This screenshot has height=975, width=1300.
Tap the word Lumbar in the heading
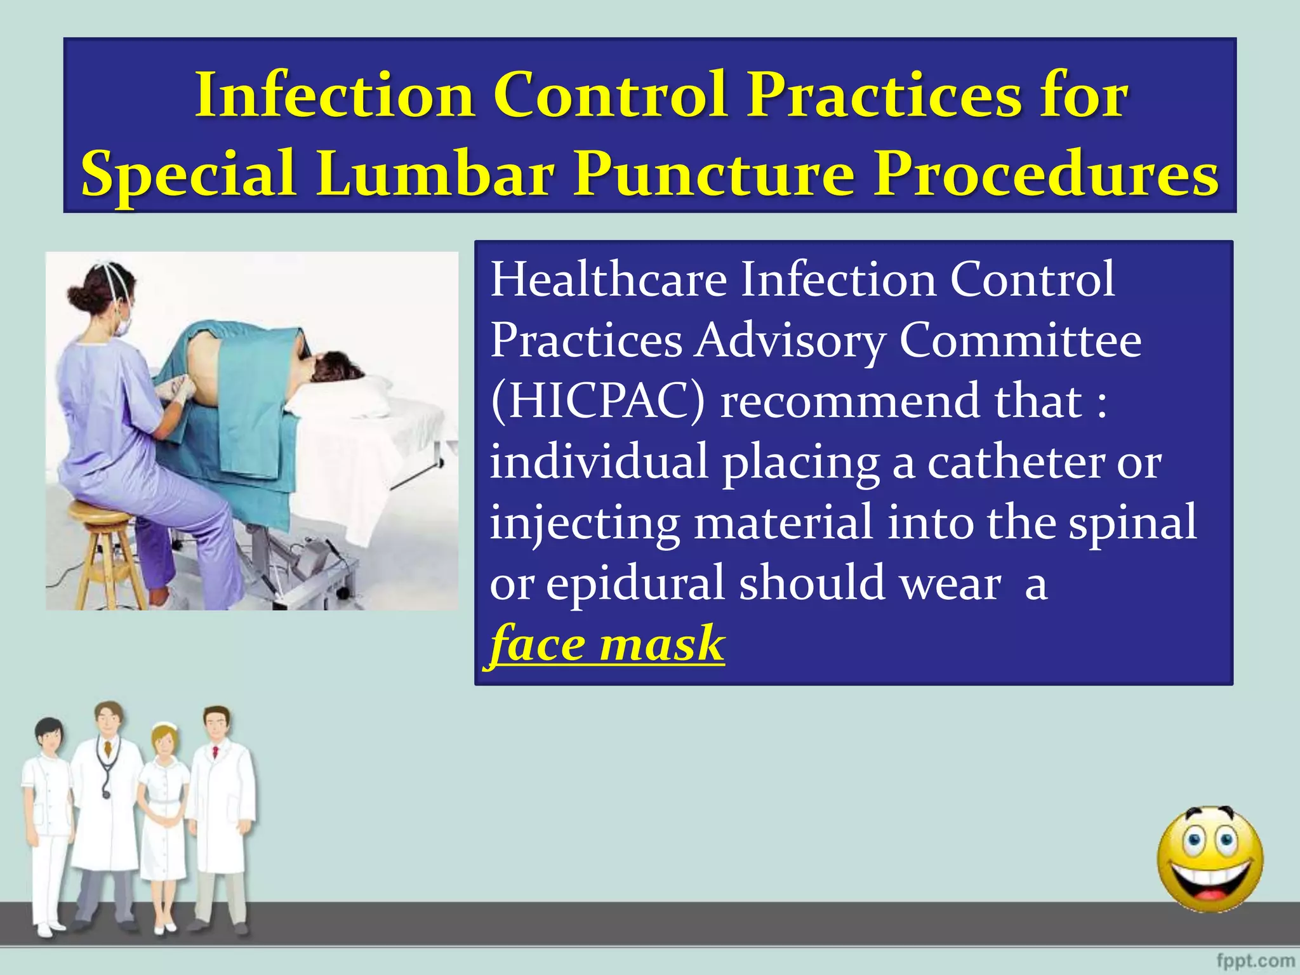coord(435,174)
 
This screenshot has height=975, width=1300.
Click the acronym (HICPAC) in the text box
coord(597,401)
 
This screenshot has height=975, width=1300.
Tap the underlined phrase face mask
coord(607,644)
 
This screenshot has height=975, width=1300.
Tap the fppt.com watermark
coord(1255,960)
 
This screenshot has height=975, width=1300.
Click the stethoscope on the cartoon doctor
coord(105,768)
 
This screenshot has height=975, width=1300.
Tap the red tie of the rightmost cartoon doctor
coord(216,752)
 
